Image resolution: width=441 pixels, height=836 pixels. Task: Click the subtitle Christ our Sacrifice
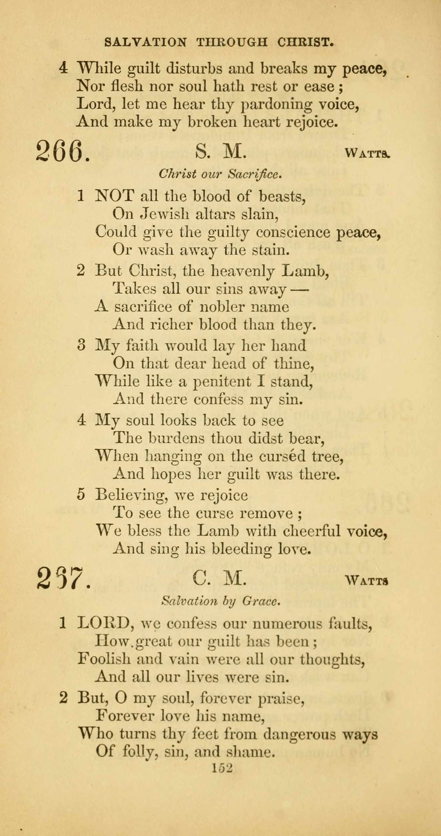tap(219, 174)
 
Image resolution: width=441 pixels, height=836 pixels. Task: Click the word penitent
tap(222, 382)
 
